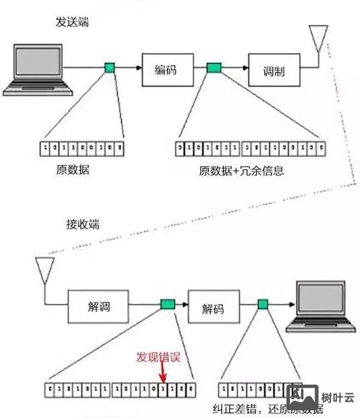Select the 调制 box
tap(273, 71)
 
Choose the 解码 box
tap(213, 308)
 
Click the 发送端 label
tap(73, 21)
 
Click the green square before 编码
tap(109, 68)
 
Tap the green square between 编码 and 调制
tap(213, 68)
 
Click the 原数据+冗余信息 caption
tap(242, 171)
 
